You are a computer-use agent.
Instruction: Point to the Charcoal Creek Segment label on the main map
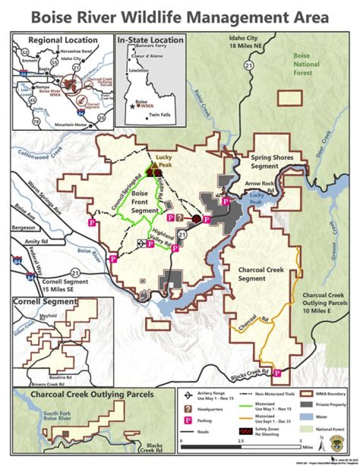coord(260,274)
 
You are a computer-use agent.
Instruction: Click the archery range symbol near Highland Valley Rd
coord(141,243)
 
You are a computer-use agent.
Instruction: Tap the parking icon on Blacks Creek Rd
coord(277,372)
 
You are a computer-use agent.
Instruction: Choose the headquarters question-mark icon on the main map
coord(179,218)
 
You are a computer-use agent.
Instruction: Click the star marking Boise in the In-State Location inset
coord(132,106)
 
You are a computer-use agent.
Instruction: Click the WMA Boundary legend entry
coord(325,394)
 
